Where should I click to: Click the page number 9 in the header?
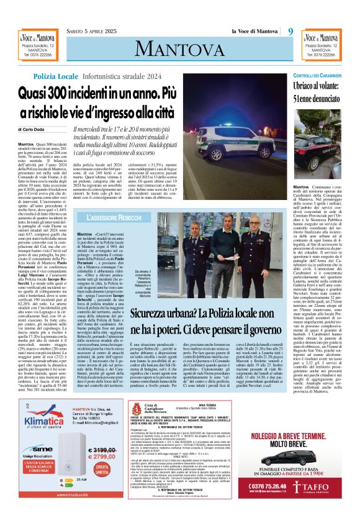point(290,31)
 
